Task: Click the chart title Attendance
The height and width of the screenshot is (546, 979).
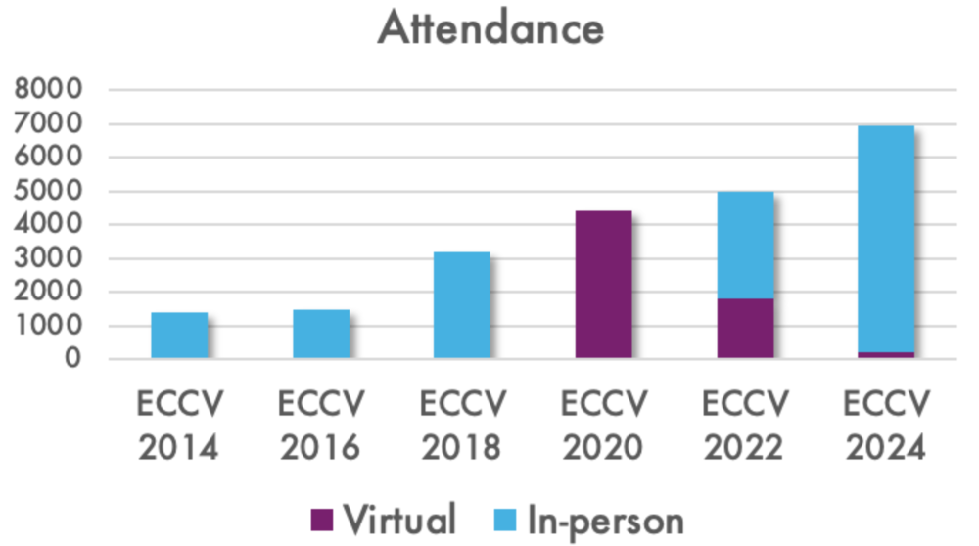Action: tap(490, 28)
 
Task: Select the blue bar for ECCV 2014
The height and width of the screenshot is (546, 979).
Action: tap(179, 336)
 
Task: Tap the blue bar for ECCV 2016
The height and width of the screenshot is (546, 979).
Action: tap(321, 335)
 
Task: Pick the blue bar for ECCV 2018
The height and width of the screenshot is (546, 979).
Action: tap(462, 305)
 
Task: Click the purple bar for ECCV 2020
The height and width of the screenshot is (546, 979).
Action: tap(603, 285)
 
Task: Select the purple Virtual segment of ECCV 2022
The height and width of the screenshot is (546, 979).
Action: tap(745, 329)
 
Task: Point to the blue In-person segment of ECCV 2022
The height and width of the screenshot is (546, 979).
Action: tap(745, 246)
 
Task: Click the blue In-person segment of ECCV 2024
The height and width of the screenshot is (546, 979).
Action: tap(886, 239)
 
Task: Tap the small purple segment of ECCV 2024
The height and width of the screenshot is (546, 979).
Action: tap(886, 355)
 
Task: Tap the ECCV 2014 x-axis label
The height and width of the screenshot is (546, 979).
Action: tap(180, 426)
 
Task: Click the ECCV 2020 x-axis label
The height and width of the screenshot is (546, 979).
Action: tap(603, 426)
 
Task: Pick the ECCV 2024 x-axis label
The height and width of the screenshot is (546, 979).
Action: tap(886, 426)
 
